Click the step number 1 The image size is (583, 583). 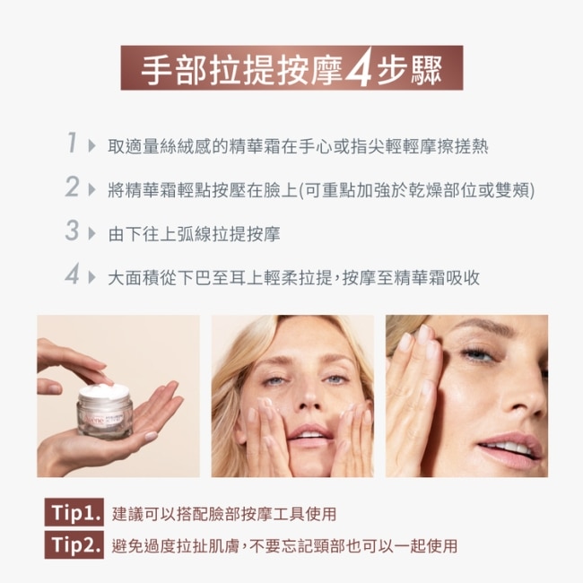point(72,143)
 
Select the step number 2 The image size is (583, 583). point(72,187)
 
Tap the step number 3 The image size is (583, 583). point(72,231)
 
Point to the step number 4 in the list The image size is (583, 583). point(72,274)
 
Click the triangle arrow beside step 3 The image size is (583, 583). point(91,234)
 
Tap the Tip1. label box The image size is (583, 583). point(74,512)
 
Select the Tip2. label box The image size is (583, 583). point(74,544)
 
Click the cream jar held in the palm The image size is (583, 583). point(105,412)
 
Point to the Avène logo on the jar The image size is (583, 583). point(94,420)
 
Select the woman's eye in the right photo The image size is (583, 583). point(478,352)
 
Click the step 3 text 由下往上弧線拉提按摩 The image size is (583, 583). point(194,234)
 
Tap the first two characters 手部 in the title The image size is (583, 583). point(173,70)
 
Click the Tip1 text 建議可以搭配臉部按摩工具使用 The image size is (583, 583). point(224,513)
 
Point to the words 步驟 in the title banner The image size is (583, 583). point(409,70)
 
